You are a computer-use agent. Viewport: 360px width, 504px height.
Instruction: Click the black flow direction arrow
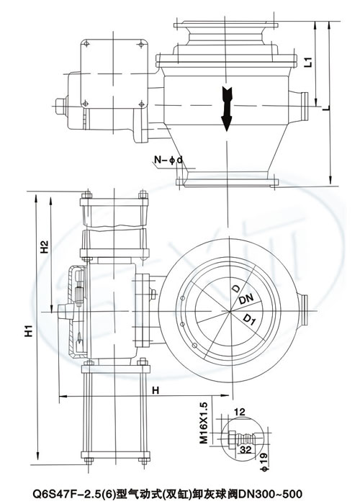pyautogui.click(x=227, y=109)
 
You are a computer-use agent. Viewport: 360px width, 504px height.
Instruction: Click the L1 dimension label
pyautogui.click(x=309, y=62)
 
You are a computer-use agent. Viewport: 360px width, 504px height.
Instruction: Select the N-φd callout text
pyautogui.click(x=168, y=159)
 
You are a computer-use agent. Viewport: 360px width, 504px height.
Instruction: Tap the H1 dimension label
pyautogui.click(x=30, y=331)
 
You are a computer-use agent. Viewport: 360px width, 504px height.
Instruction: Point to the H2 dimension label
pyautogui.click(x=45, y=246)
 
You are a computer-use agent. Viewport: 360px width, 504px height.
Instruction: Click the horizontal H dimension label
pyautogui.click(x=156, y=390)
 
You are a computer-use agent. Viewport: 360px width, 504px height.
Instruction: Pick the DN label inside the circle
pyautogui.click(x=246, y=300)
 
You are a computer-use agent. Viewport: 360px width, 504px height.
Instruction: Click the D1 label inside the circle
pyautogui.click(x=249, y=319)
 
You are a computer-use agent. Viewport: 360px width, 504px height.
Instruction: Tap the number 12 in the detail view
pyautogui.click(x=240, y=412)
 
